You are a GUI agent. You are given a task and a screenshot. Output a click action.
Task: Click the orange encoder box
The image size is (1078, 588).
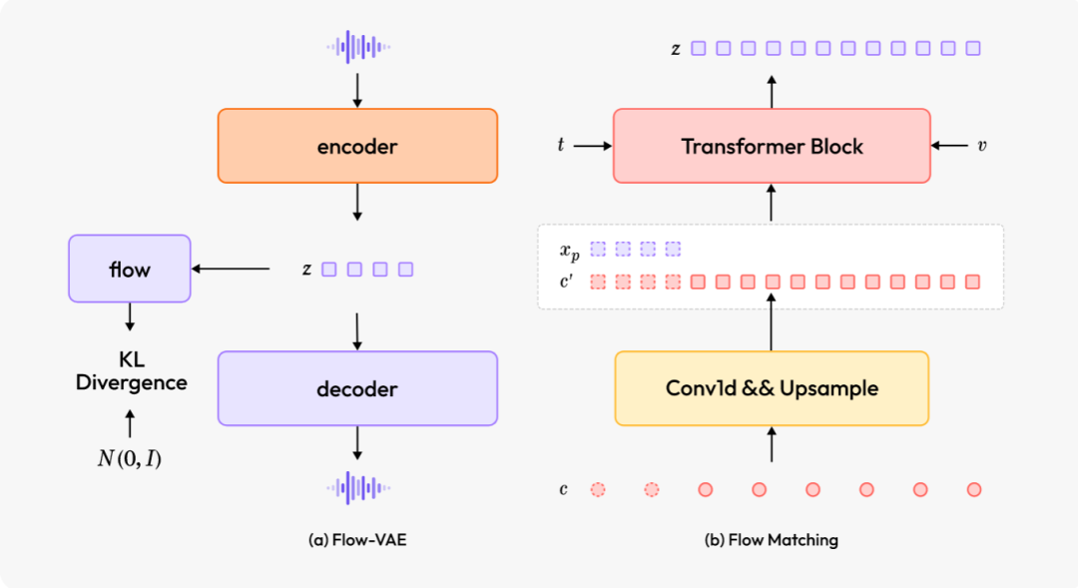coord(357,146)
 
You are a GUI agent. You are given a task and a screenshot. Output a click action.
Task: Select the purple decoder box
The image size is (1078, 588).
coord(357,388)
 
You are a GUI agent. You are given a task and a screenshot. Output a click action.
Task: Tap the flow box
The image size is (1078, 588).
coord(129,269)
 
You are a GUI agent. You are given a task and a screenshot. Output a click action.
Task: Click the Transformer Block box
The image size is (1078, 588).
coord(772,146)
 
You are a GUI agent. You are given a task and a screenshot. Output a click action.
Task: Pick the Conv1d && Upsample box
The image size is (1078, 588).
coord(772,388)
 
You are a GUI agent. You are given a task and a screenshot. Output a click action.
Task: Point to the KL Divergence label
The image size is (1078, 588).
coord(131,371)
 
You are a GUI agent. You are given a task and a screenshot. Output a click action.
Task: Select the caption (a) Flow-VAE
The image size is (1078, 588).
coord(356,540)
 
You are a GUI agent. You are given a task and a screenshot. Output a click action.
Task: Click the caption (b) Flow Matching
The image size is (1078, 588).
coord(772,540)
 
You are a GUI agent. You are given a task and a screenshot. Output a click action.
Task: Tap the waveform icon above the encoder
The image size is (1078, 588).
coord(358,46)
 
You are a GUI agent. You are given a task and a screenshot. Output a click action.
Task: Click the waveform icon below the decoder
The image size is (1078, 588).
coord(358,488)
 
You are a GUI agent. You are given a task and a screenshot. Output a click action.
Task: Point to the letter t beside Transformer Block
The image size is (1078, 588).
coord(560,146)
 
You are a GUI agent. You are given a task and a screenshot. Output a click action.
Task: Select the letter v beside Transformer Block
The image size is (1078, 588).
coord(982,146)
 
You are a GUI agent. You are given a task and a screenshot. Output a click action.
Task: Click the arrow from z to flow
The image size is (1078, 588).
coord(232,269)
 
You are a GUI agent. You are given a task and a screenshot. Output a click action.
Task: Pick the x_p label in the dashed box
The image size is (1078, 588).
coord(569,250)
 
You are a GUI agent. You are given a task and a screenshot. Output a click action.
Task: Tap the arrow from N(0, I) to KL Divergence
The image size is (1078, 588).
coord(130,423)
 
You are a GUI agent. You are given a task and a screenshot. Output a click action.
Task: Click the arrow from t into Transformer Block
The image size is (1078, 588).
coord(593,146)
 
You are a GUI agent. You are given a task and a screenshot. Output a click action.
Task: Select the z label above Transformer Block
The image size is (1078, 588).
coord(676,48)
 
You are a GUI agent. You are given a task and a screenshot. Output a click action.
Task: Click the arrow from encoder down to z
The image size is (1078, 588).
coord(358,204)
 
